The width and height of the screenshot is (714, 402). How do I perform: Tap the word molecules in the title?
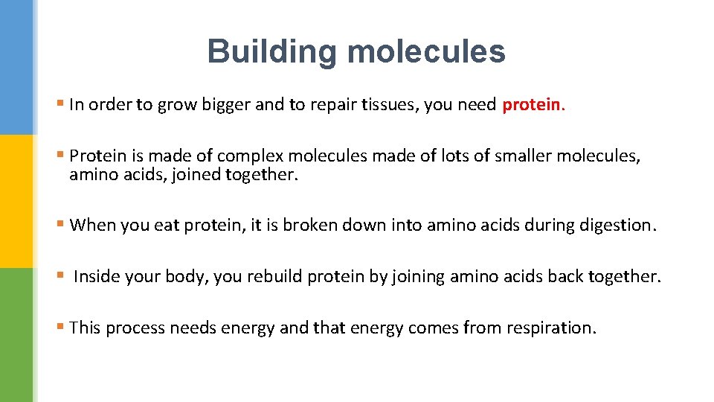(426, 52)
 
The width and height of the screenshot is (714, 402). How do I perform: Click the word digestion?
(614, 225)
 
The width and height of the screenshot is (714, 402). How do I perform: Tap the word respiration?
(551, 328)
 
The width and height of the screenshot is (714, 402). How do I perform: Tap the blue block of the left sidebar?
(16, 67)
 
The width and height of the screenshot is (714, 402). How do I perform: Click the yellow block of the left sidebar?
(16, 201)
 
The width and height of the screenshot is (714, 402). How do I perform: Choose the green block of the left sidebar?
(16, 335)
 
